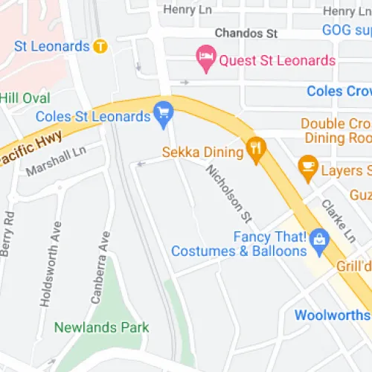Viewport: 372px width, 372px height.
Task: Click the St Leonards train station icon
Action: point(100,46)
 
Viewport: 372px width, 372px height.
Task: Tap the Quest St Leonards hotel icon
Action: point(204,56)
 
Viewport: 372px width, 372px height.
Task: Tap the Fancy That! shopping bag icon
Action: point(320,239)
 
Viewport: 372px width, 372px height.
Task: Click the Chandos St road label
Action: point(246,33)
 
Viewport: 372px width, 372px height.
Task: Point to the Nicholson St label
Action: point(231,192)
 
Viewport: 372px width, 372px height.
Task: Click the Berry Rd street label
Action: point(8,234)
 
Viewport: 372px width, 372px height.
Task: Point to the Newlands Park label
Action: point(102,327)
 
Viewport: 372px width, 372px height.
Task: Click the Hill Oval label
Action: point(25,98)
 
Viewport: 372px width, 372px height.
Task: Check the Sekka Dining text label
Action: point(204,153)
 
